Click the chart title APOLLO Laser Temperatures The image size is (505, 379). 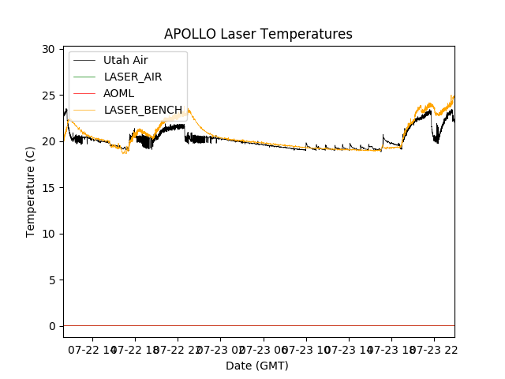[258, 34]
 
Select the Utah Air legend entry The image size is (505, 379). [125, 60]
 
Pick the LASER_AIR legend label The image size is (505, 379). [133, 77]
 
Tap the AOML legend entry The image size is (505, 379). [118, 93]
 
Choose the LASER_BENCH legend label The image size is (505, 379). [143, 110]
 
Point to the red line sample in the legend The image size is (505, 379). [85, 93]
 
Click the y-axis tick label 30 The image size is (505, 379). [48, 49]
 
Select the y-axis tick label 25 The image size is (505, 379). [48, 96]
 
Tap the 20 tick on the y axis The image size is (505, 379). [48, 141]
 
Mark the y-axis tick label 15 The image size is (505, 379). [48, 188]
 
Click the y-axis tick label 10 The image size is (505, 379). [48, 234]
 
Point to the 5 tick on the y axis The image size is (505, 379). [51, 280]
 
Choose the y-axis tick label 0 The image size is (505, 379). [51, 326]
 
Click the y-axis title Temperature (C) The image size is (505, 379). [31, 192]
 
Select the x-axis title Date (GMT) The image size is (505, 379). [257, 366]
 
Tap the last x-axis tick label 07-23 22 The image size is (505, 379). [436, 348]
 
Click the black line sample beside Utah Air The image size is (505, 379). [85, 60]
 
